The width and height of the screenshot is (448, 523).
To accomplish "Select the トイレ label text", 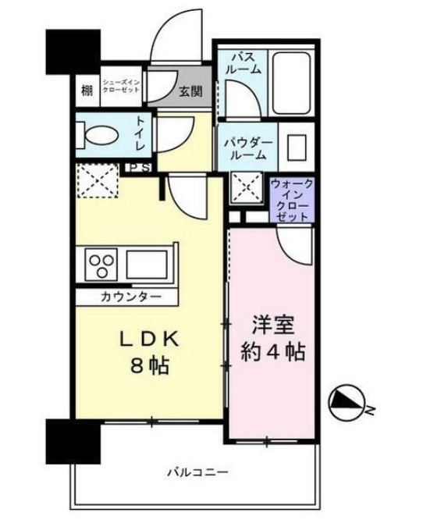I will (x=140, y=134).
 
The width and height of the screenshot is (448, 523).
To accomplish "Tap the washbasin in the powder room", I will (x=295, y=148).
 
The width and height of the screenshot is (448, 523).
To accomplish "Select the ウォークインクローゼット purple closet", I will (x=293, y=200).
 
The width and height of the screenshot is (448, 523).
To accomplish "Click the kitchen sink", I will (x=151, y=262).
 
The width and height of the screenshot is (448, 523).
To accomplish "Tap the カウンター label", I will (x=130, y=297).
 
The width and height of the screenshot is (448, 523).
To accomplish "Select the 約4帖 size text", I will (x=274, y=351).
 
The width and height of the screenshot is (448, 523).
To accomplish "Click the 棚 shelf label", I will (x=86, y=90).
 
